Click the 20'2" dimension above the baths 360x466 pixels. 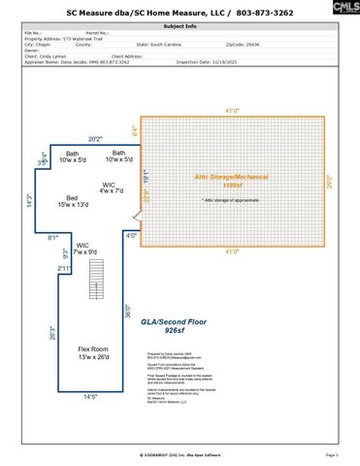pyautogui.click(x=95, y=139)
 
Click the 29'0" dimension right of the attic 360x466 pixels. pyautogui.click(x=329, y=181)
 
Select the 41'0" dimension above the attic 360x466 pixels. pyautogui.click(x=231, y=112)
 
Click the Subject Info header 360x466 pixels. pyautogui.click(x=180, y=26)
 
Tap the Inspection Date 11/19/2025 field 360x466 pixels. pyautogui.click(x=231, y=62)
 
